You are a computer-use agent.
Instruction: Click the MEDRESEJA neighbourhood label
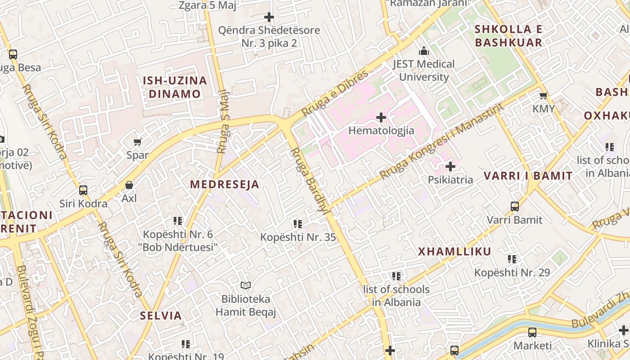click(x=225, y=184)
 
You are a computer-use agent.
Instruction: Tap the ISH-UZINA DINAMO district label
click(x=175, y=87)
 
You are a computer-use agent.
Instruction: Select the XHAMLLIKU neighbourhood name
click(x=454, y=252)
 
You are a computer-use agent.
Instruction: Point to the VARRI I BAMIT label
click(x=528, y=176)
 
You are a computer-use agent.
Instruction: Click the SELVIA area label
click(x=161, y=315)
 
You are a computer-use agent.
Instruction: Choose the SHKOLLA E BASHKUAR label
click(x=508, y=36)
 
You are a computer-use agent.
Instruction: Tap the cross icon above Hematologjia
click(x=381, y=118)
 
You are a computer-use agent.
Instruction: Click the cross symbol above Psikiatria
click(x=450, y=167)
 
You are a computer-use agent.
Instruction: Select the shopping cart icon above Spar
click(x=137, y=142)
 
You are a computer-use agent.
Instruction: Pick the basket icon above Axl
click(x=129, y=185)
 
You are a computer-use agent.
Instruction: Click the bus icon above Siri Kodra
click(x=83, y=190)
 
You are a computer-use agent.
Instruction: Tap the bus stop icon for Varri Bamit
click(x=515, y=207)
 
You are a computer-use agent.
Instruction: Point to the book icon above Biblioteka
click(x=245, y=285)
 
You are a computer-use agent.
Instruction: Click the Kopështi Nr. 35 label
click(x=298, y=237)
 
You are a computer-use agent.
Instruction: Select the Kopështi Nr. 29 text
click(x=512, y=273)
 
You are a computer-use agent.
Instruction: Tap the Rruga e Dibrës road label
click(x=335, y=93)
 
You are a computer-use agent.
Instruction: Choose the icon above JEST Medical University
click(x=423, y=51)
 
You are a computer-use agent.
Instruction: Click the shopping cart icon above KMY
click(x=543, y=96)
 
